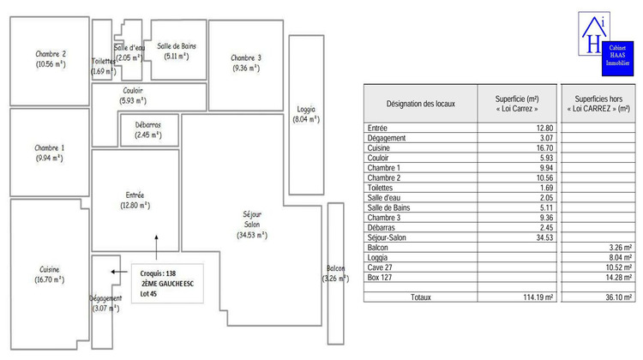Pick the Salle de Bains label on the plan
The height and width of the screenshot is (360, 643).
coord(178,45)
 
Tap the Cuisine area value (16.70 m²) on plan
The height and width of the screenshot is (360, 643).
coord(50,279)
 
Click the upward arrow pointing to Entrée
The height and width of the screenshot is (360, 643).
coord(156,244)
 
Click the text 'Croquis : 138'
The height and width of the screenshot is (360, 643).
coord(158,273)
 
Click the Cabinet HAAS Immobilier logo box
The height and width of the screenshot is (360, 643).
coord(616,54)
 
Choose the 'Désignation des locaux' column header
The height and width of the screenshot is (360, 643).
coord(421,104)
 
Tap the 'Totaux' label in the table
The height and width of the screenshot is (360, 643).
coord(421,297)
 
